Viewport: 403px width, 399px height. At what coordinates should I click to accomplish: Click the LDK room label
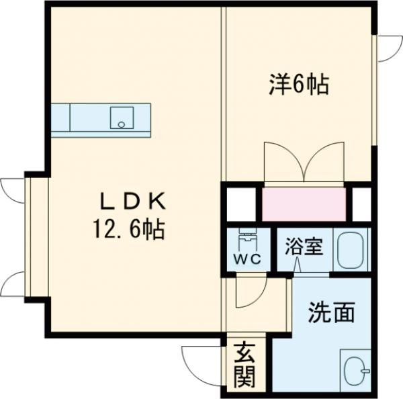tap(133, 202)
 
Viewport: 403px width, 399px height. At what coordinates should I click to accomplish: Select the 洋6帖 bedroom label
tap(298, 85)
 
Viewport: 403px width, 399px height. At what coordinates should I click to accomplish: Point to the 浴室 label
tap(304, 246)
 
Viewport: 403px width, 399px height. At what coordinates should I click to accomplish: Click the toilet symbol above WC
tap(247, 239)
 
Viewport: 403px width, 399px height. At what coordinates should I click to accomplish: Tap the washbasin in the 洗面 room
tap(354, 370)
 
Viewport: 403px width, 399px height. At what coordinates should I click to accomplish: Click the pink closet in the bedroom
tap(304, 204)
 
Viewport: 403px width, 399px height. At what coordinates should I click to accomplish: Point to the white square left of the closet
tap(240, 204)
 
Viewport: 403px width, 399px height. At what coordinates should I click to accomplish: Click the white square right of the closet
tap(362, 204)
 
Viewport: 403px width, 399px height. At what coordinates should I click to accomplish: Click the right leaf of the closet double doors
tap(325, 162)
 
